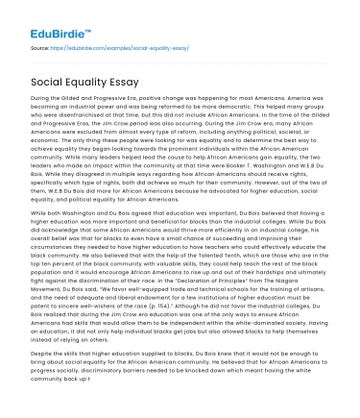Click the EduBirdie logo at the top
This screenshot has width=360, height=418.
[x=55, y=18]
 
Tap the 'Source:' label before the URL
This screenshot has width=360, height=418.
[x=41, y=45]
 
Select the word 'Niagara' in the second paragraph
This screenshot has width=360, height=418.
[x=303, y=294]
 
